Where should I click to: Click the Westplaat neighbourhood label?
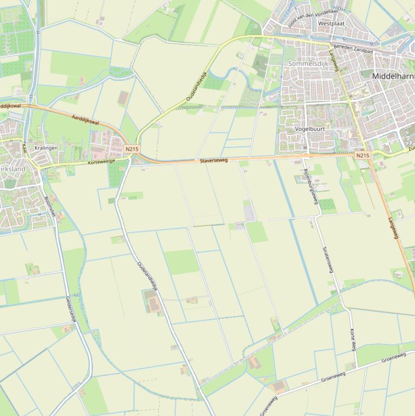pos(331,24)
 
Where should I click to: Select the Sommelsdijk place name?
pos(308,64)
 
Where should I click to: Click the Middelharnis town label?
pos(393,77)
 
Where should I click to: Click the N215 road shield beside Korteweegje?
pos(131,149)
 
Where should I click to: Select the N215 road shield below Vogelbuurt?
pos(363,156)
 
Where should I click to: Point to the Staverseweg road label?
pos(214,160)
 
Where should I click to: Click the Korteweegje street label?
pos(102,162)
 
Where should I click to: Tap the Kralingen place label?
pos(46,147)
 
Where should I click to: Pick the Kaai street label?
pos(24,147)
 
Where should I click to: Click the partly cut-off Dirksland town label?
pos(12,169)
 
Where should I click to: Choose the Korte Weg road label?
pos(353,339)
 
